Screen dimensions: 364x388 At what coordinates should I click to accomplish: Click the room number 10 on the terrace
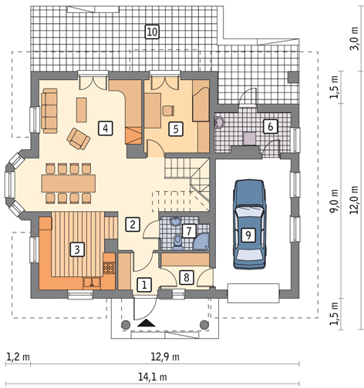[x=152, y=32]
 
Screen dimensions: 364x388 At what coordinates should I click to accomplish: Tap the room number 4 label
[x=106, y=128]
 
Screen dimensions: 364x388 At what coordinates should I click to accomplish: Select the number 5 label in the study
[x=176, y=129]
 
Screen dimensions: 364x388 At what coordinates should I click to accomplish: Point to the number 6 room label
[x=270, y=126]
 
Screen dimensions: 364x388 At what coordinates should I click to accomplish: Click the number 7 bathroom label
[x=189, y=231]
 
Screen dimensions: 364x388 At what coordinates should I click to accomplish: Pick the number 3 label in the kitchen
[x=77, y=249]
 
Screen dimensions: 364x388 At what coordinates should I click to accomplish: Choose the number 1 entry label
[x=144, y=285]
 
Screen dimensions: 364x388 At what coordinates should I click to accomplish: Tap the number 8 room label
[x=187, y=277]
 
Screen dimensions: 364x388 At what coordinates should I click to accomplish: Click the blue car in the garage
[x=249, y=224]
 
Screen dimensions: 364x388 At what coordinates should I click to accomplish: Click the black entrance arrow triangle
[x=147, y=323]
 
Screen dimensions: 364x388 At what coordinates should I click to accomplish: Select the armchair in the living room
[x=78, y=139]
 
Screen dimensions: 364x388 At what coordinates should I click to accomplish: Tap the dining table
[x=69, y=183]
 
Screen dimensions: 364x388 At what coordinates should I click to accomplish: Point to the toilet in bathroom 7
[x=177, y=242]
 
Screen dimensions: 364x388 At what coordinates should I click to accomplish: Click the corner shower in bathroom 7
[x=201, y=241]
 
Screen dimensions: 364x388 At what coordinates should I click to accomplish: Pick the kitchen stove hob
[x=109, y=268]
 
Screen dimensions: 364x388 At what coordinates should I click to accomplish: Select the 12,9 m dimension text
[x=165, y=357]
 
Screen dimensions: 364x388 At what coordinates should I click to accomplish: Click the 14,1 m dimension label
[x=153, y=377]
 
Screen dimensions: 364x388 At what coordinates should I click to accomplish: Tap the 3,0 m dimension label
[x=355, y=38]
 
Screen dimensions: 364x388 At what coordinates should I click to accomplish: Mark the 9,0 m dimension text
[x=334, y=201]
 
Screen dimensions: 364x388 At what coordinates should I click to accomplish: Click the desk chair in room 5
[x=168, y=111]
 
